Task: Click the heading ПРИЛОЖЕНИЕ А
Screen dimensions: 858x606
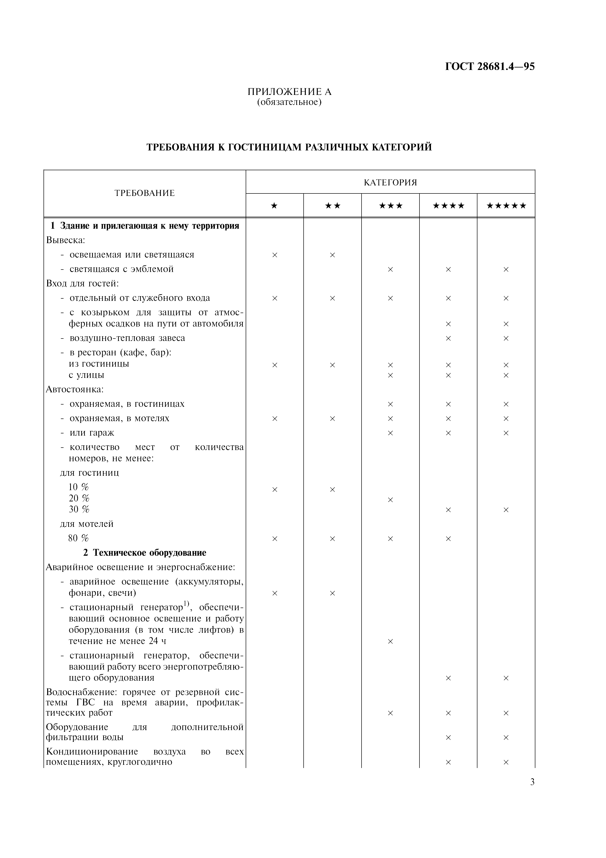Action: click(x=289, y=91)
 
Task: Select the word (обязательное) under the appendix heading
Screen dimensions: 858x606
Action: click(x=289, y=102)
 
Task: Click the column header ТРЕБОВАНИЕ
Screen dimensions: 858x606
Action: click(x=144, y=193)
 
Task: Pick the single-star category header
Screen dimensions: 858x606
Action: click(x=275, y=205)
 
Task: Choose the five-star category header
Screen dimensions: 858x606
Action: click(x=506, y=205)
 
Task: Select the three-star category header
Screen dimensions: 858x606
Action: click(x=391, y=205)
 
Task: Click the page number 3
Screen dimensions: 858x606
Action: click(x=532, y=782)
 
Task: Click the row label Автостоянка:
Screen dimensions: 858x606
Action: click(x=75, y=389)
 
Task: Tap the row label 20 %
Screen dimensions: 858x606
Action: click(x=79, y=498)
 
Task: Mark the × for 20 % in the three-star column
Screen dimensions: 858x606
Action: click(x=391, y=500)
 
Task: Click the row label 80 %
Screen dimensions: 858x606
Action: click(x=78, y=538)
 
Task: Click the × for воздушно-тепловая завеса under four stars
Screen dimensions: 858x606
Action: click(x=448, y=338)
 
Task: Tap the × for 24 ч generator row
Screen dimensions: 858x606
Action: click(x=391, y=641)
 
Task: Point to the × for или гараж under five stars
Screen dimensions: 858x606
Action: click(x=506, y=433)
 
